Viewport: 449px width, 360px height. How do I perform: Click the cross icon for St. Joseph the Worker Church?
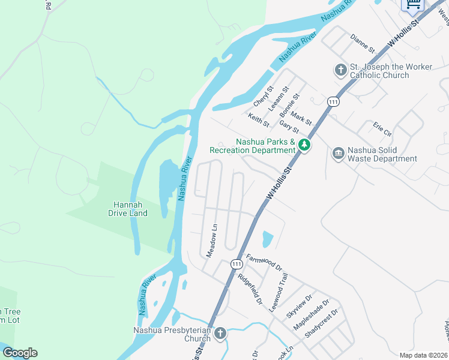point(340,70)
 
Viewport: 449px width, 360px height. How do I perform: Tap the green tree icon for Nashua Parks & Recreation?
point(305,145)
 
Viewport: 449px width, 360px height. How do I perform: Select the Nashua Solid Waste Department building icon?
point(338,154)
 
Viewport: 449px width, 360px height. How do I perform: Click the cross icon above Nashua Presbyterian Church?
point(220,333)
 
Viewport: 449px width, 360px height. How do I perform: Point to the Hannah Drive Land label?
point(128,209)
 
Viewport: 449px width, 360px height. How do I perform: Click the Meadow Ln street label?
point(211,241)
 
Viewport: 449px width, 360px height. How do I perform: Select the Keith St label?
point(259,119)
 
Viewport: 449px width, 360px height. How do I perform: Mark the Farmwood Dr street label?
point(264,263)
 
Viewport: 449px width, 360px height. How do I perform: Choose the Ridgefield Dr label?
point(250,289)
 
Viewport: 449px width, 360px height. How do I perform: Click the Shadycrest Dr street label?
point(322,323)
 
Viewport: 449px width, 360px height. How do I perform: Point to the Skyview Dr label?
point(300,307)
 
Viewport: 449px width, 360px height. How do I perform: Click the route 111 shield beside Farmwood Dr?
point(236,263)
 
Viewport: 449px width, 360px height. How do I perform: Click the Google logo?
point(20,353)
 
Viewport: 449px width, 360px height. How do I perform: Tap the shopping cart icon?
point(413,5)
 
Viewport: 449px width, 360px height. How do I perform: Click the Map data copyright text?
point(423,355)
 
